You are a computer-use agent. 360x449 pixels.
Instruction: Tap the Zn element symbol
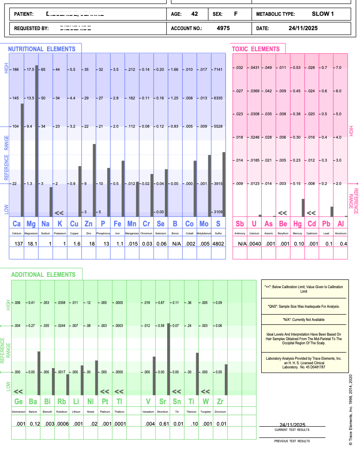[88, 224]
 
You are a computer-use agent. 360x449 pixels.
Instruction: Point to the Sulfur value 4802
[218, 244]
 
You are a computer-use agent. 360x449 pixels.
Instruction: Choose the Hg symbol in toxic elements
[297, 224]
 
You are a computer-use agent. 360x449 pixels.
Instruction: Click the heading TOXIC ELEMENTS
[256, 49]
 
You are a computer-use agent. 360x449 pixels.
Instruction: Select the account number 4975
[223, 28]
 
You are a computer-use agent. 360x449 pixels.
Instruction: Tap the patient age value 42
[194, 14]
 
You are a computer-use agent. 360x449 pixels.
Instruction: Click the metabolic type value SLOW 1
[323, 14]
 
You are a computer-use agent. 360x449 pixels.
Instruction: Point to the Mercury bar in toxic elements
[303, 208]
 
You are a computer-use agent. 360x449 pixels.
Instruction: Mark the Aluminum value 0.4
[343, 244]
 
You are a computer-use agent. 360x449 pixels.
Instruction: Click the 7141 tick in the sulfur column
[218, 70]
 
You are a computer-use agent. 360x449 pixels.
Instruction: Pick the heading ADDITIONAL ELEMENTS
[43, 275]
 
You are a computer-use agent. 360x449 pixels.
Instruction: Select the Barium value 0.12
[35, 424]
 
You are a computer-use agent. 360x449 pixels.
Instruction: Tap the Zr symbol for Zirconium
[220, 402]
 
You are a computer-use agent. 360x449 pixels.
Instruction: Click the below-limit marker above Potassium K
[59, 213]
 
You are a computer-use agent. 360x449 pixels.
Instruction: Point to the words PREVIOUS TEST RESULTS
[292, 441]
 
